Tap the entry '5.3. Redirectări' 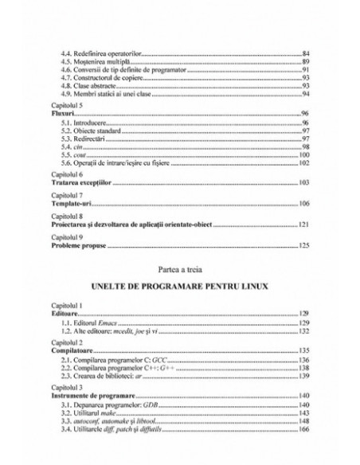pos(83,140)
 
